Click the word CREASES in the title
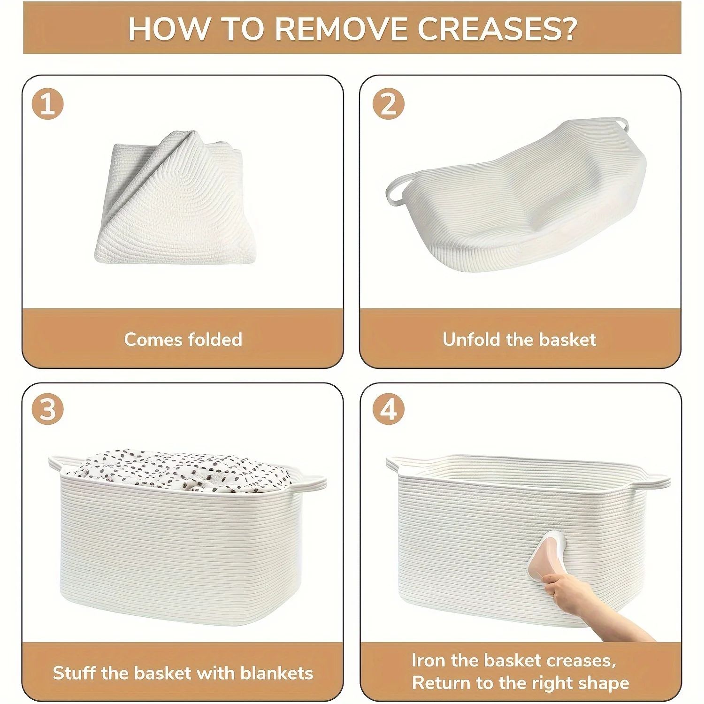pos(497,29)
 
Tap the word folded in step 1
pos(215,339)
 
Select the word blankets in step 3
pos(276,673)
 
